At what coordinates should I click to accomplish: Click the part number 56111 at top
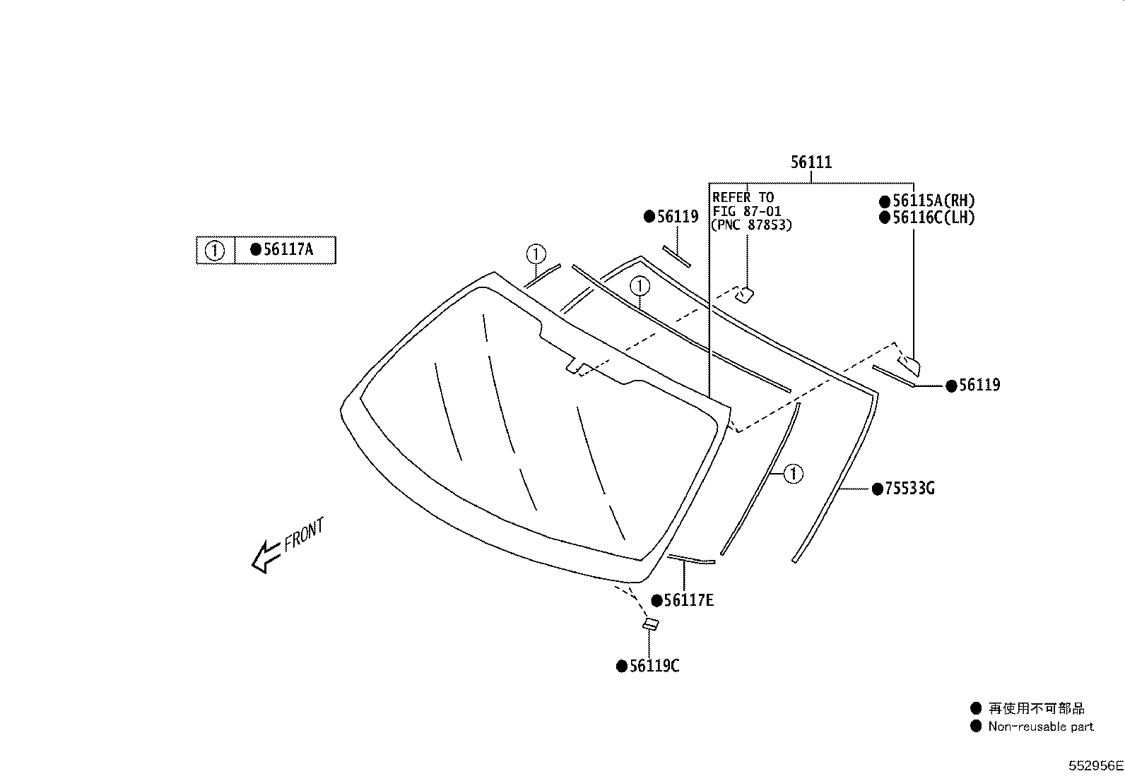pos(811,162)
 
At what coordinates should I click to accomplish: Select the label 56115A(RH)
pos(932,201)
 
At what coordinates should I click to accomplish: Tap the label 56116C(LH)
pos(932,217)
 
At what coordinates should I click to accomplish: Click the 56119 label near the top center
pos(677,217)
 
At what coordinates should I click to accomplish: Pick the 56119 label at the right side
pos(979,386)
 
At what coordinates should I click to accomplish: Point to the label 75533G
pos(909,489)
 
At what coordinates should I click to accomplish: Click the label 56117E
pos(688,600)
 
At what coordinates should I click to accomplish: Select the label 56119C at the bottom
pos(654,666)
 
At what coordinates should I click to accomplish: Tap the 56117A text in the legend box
pos(287,249)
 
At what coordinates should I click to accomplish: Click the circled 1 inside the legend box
pos(214,250)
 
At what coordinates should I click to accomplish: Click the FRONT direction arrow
pos(266,556)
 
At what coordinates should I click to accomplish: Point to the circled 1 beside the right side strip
pos(794,473)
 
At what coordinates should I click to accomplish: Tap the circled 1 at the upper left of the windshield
pos(536,253)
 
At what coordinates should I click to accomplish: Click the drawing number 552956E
pos(1095,765)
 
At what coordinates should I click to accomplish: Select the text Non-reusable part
pos(1040,727)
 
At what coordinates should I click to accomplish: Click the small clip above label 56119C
pos(650,624)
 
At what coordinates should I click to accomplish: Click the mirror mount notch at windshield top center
pos(576,367)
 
